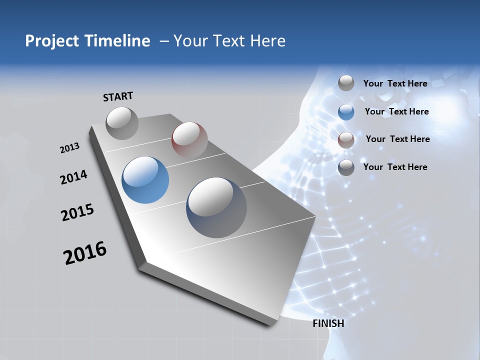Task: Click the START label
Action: pyautogui.click(x=118, y=96)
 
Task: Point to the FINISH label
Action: pyautogui.click(x=328, y=323)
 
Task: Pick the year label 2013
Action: pyautogui.click(x=70, y=148)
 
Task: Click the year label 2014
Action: pyautogui.click(x=73, y=177)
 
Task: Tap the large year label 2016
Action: pyautogui.click(x=85, y=253)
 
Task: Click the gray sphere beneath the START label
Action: pyautogui.click(x=122, y=123)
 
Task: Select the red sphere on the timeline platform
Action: pyautogui.click(x=189, y=139)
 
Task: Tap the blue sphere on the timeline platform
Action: pyautogui.click(x=145, y=180)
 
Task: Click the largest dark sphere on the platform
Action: pyautogui.click(x=216, y=207)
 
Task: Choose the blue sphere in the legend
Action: pyautogui.click(x=346, y=112)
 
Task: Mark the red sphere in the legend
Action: pyautogui.click(x=346, y=140)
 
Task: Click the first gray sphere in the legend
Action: pyautogui.click(x=346, y=83)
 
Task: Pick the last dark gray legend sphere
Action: pyautogui.click(x=346, y=167)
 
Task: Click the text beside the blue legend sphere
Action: pyautogui.click(x=396, y=111)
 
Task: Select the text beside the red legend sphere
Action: pyautogui.click(x=397, y=139)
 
